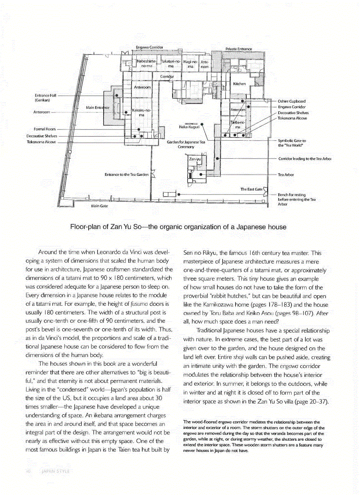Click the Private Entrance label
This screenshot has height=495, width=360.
(x=239, y=49)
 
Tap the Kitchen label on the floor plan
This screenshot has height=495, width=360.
(x=240, y=83)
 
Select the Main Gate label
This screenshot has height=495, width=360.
(x=99, y=206)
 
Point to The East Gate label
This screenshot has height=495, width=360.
(x=251, y=189)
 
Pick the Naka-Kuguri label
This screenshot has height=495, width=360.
(x=189, y=127)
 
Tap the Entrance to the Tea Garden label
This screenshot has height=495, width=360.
(x=126, y=175)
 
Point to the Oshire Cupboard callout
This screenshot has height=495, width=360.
(x=292, y=101)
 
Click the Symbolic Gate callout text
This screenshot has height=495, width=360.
(x=292, y=143)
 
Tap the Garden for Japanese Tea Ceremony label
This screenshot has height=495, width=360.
(x=186, y=145)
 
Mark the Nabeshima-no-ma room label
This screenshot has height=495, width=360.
(x=146, y=63)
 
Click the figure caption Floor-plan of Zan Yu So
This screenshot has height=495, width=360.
(x=178, y=227)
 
